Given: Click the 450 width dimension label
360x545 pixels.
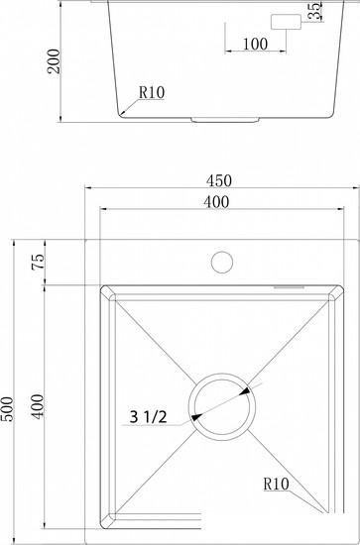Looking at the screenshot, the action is tap(218, 180).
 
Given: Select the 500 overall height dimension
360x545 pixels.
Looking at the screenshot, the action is tap(7, 408).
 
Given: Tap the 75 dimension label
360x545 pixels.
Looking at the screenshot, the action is tap(39, 262).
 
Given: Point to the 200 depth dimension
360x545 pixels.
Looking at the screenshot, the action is tap(54, 61).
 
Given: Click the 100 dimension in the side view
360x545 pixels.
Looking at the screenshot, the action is tap(255, 45).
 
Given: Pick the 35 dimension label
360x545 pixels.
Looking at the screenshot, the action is tap(315, 11).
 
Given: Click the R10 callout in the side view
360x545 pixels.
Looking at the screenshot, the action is tap(152, 92).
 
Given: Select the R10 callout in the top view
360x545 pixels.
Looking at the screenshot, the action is tap(276, 484).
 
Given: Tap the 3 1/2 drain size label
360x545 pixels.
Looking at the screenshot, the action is tap(148, 417).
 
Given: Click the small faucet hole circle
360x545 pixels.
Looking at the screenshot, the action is tap(222, 262).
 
